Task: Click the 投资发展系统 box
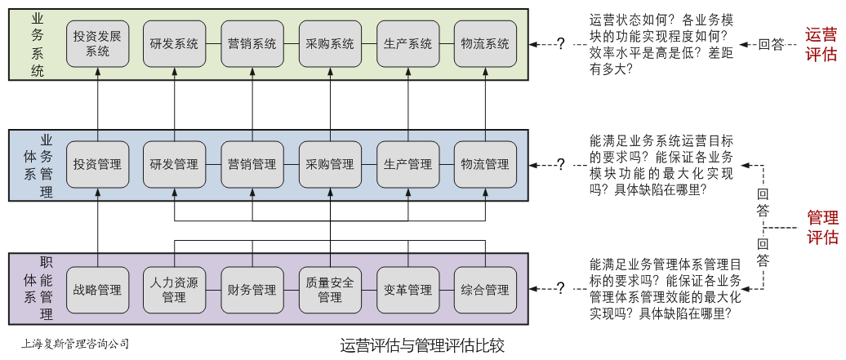(97, 44)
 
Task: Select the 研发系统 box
(175, 44)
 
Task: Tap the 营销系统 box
(252, 44)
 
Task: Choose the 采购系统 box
(330, 44)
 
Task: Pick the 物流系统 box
(485, 44)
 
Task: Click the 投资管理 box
(97, 164)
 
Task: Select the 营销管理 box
(252, 164)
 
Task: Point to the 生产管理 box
(407, 164)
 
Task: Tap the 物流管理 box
(485, 164)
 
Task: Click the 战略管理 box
(97, 290)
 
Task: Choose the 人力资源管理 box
(175, 290)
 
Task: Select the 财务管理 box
(252, 290)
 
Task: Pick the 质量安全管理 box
(330, 290)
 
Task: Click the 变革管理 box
(407, 290)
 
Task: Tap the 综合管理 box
(485, 290)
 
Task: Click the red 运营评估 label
(821, 45)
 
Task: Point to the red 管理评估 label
(822, 227)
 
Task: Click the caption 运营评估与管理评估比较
(422, 345)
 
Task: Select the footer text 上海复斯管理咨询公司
(75, 344)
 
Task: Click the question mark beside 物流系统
(560, 44)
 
